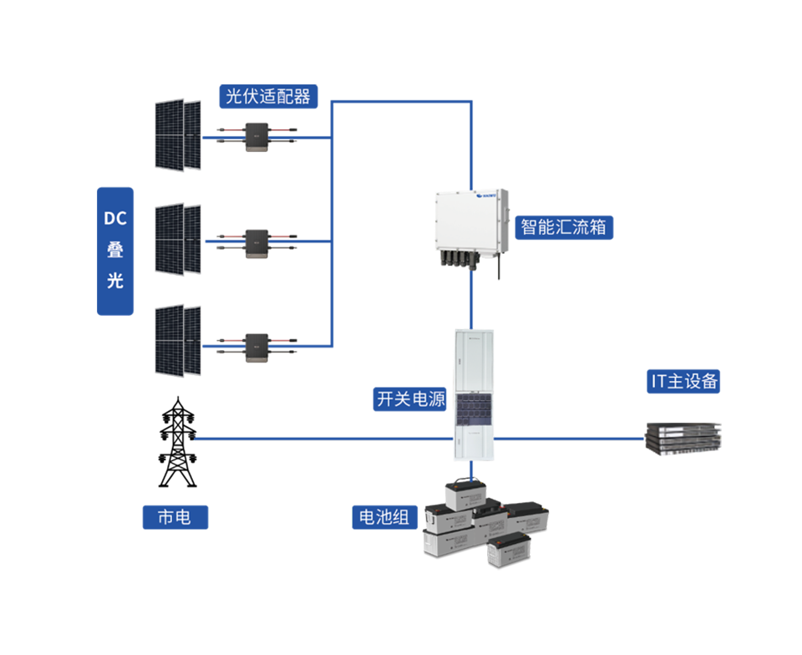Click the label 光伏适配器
click(x=268, y=96)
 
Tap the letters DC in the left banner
click(x=114, y=219)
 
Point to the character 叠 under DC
click(x=114, y=250)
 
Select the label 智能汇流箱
click(x=563, y=226)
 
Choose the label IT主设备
click(x=684, y=382)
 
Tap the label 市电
click(x=174, y=517)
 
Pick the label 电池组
click(x=383, y=517)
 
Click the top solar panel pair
click(x=179, y=135)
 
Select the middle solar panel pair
click(x=179, y=237)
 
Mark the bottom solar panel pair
click(x=179, y=339)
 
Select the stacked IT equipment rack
click(x=678, y=435)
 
